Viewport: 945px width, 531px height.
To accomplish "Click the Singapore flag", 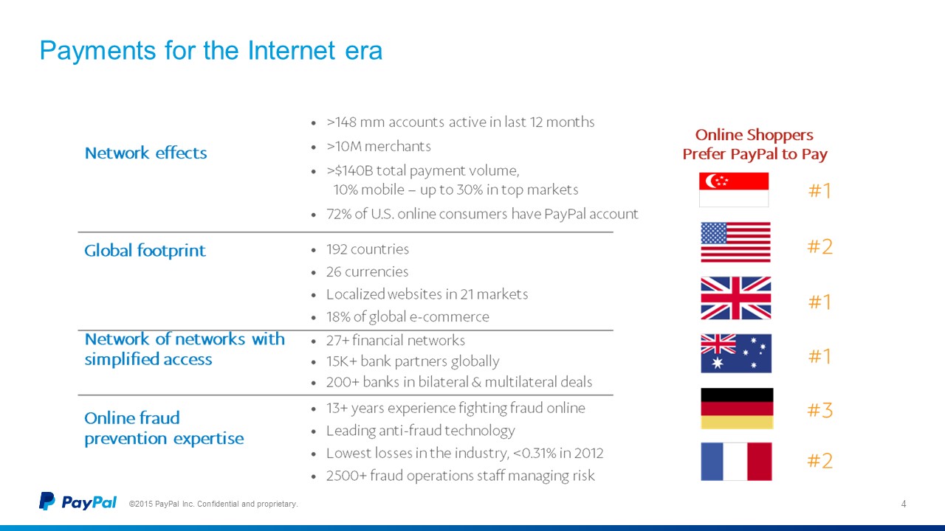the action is coord(734,190).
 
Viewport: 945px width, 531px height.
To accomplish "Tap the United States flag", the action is coord(736,243).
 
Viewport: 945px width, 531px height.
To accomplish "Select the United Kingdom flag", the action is coord(736,298).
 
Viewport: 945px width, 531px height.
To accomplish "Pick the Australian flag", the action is coord(736,353).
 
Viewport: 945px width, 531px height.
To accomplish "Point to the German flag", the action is coord(737,409).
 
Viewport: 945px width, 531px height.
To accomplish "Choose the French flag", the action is coord(737,462).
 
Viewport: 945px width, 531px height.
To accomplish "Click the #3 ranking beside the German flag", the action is coord(820,410).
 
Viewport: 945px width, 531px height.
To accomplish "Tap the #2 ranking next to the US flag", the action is coord(820,246).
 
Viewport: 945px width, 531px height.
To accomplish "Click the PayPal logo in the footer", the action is coord(78,502).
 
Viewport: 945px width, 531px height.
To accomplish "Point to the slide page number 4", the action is coord(904,504).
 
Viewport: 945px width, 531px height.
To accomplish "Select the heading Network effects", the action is coord(146,153).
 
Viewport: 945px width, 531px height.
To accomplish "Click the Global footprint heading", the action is coord(145,251).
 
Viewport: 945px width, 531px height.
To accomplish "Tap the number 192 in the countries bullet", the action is coord(336,249).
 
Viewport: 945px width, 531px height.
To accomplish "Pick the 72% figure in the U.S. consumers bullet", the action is coord(339,214).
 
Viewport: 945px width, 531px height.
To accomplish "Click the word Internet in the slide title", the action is coord(292,51).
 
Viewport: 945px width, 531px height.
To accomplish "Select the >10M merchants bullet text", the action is coord(379,146).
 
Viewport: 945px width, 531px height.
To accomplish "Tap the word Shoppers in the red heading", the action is coord(780,136).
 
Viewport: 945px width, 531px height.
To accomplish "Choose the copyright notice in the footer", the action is coord(213,504).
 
